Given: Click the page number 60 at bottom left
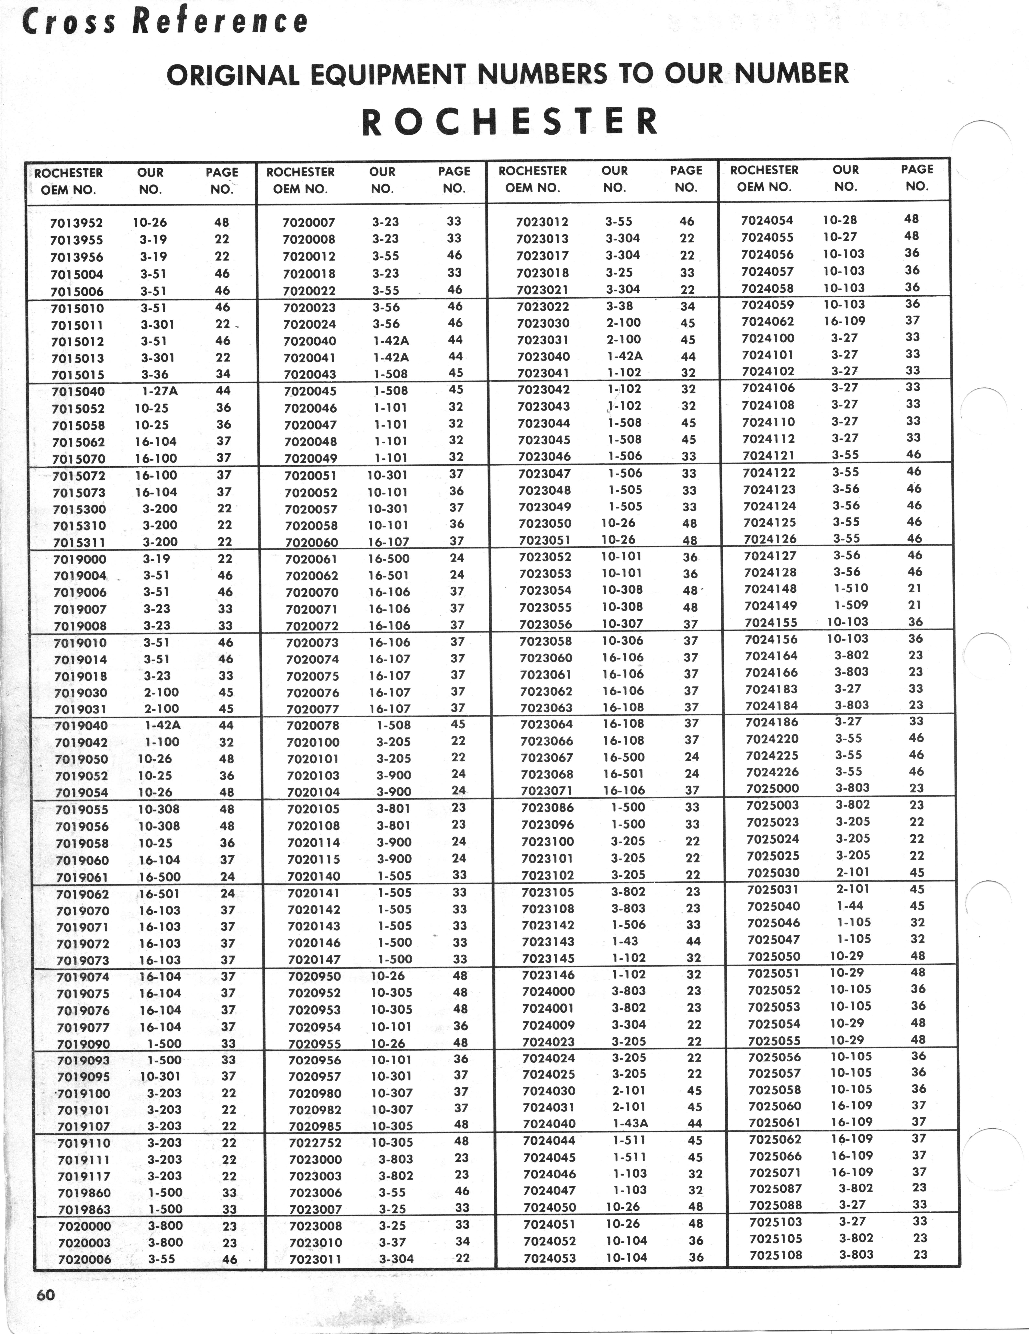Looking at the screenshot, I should [x=46, y=1295].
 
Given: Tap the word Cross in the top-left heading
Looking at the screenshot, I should [x=68, y=23].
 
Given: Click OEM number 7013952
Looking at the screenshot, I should [x=76, y=223].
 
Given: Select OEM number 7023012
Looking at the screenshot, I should [x=542, y=222].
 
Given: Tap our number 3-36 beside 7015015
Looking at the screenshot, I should [x=154, y=374].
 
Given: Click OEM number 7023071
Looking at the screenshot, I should [x=547, y=790].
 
